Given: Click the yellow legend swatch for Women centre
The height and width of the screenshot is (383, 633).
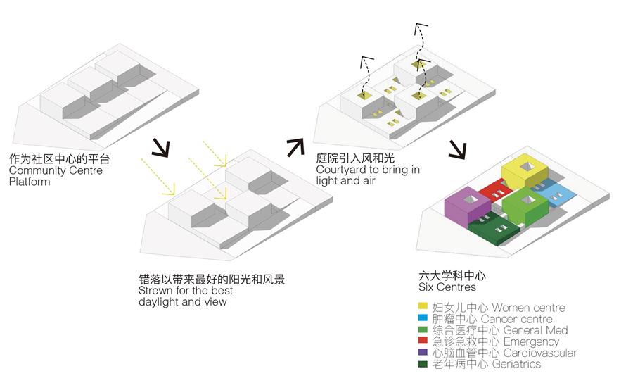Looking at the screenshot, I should click(423, 308).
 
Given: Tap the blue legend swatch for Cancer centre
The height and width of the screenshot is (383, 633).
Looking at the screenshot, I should click(423, 319).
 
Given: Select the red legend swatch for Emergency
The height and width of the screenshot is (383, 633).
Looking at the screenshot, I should click(423, 341).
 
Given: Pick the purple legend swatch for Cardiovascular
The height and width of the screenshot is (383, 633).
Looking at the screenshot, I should click(423, 353).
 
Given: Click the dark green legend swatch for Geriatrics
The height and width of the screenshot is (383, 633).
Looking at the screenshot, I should click(423, 364).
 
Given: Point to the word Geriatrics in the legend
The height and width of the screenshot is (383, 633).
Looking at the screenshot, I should click(516, 364).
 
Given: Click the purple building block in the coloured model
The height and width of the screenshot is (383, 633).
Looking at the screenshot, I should click(465, 207).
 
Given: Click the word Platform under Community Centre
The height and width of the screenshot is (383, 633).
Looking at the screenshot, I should click(30, 182).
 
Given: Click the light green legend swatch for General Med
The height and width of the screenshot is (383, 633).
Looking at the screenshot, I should click(423, 330).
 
